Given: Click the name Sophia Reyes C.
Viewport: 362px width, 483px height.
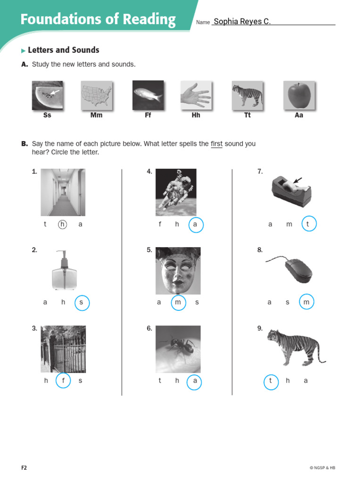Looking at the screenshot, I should tap(242, 22).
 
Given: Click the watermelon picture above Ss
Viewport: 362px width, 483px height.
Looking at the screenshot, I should tap(47, 95).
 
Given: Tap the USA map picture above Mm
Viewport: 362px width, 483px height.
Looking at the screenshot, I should tap(97, 95).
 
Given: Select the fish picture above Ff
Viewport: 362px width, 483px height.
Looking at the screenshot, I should tap(148, 95).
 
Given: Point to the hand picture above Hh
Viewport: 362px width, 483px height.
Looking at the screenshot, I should tap(196, 95).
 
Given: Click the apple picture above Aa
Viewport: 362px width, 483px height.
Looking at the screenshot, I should tap(298, 95).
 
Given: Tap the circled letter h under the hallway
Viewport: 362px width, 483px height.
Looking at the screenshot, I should tap(62, 225).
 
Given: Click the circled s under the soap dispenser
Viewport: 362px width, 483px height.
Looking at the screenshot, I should tap(82, 302).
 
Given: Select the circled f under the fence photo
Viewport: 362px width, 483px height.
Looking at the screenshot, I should tap(63, 380).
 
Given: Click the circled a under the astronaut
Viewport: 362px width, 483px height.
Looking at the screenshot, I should tap(195, 225).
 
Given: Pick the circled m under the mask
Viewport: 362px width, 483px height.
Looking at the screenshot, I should tap(178, 302).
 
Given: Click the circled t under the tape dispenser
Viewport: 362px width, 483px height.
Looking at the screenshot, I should tap(308, 225).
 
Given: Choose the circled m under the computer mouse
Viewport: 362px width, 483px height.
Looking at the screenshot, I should tap(306, 302).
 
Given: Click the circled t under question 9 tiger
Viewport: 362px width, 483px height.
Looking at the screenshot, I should tap(271, 381).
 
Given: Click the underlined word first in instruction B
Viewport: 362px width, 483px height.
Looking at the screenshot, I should tap(216, 144).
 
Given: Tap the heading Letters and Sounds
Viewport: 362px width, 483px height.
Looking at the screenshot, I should tap(63, 50).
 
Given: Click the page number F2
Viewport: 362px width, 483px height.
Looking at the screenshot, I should tap(24, 467).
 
